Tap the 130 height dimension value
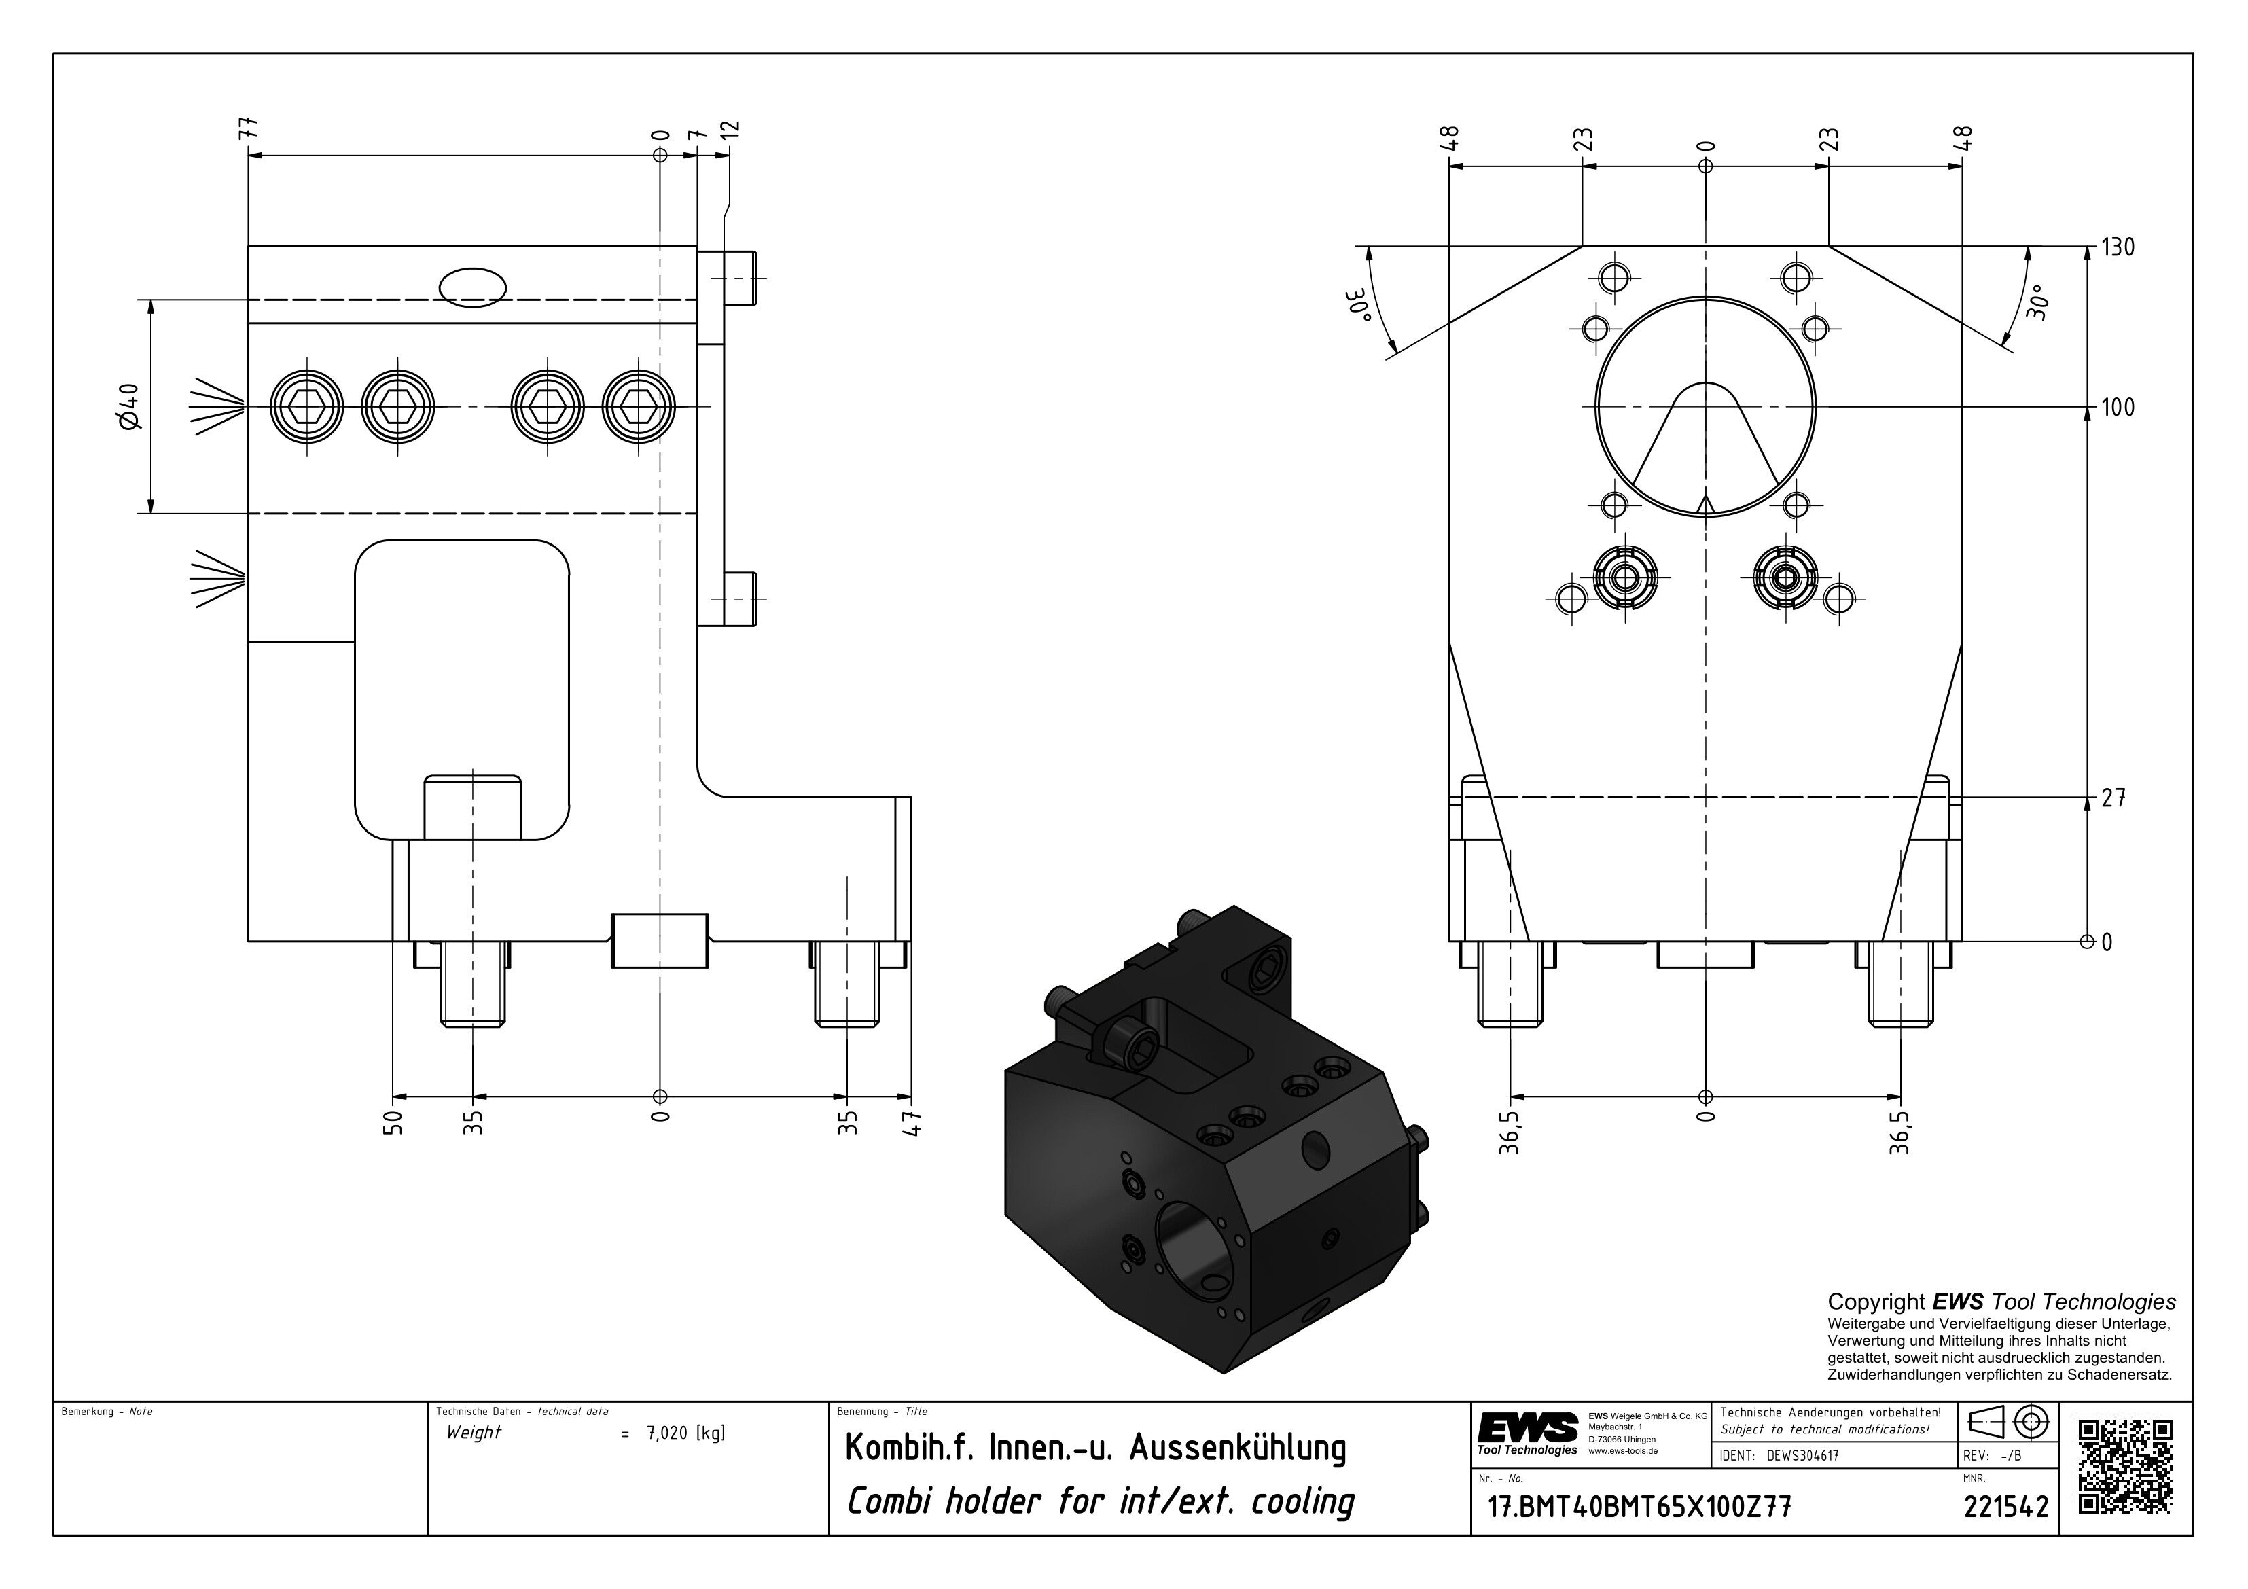pyautogui.click(x=2117, y=248)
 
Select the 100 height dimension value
pyautogui.click(x=2117, y=408)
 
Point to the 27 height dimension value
pyautogui.click(x=2113, y=799)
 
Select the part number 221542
pyautogui.click(x=2005, y=1507)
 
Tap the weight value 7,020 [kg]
pyautogui.click(x=685, y=1434)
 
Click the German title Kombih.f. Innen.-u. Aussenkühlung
pyautogui.click(x=1094, y=1448)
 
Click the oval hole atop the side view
pyautogui.click(x=473, y=288)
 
